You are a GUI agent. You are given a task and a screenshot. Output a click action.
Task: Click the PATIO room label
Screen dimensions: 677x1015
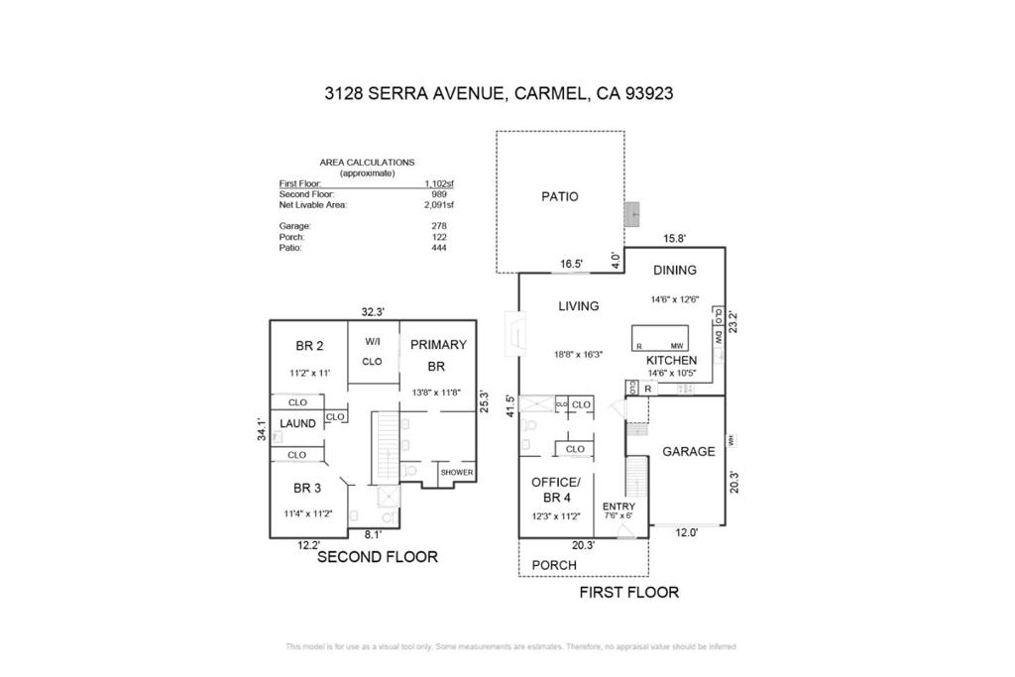(559, 196)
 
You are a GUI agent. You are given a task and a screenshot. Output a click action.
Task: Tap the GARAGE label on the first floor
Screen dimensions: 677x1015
(688, 451)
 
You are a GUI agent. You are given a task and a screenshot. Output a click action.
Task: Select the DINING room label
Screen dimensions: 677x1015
(674, 270)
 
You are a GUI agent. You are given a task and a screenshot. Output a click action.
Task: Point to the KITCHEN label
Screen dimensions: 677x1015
(671, 360)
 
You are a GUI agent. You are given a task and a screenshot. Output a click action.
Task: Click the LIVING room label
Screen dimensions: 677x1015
(578, 306)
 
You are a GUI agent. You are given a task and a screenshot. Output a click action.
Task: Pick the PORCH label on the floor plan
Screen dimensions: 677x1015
(554, 565)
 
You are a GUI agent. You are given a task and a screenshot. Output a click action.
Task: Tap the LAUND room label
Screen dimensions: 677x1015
(297, 423)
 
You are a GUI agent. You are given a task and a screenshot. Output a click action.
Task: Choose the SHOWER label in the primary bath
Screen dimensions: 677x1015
(457, 474)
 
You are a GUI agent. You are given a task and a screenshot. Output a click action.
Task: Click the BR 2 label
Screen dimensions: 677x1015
(309, 346)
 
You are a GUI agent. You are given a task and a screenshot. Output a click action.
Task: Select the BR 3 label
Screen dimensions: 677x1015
(307, 488)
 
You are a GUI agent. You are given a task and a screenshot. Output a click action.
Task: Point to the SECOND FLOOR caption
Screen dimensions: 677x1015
(377, 558)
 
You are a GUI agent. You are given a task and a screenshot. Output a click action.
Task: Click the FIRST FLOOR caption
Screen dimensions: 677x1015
(628, 593)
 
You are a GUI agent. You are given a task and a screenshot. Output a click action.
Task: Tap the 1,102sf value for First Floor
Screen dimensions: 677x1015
(437, 183)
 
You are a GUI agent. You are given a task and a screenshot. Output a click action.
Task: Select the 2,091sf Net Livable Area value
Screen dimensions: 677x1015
(437, 205)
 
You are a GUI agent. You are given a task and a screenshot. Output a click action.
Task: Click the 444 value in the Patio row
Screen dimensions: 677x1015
(439, 248)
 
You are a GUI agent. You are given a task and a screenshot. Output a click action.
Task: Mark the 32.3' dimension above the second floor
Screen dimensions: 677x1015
(373, 311)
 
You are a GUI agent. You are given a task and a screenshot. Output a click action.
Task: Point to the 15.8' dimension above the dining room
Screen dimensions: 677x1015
(674, 239)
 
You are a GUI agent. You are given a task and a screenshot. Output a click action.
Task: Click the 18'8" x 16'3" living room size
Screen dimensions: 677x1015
(579, 354)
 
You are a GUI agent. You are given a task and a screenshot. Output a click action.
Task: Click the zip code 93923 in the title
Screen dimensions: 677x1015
(648, 94)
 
